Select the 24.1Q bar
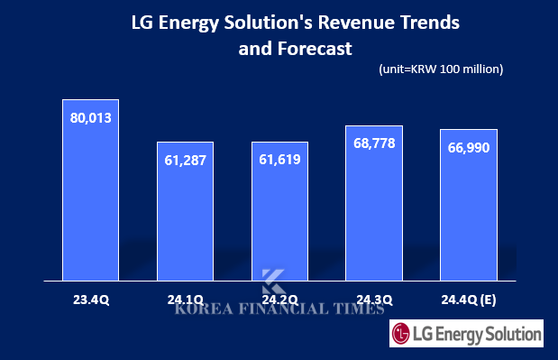pos(185,217)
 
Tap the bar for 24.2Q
pos(279,217)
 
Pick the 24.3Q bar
pos(374,208)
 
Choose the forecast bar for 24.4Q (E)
pos(468,212)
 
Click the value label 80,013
pos(90,117)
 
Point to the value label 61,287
pos(185,160)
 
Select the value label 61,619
pos(279,160)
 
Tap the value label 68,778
pos(374,144)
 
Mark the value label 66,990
pos(468,147)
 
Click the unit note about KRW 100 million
pos(435,69)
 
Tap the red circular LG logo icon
pos(402,335)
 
